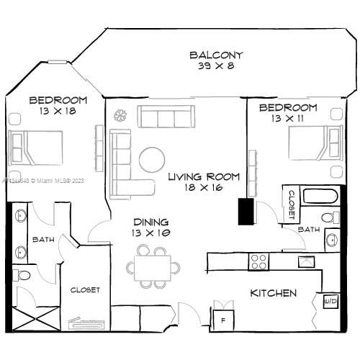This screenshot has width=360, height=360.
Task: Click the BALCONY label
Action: (216, 55)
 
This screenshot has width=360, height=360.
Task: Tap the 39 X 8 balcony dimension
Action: (216, 66)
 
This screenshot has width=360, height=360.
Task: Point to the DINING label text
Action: (150, 222)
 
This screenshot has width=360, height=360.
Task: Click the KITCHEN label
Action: (273, 293)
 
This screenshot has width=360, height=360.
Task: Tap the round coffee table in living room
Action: (152, 159)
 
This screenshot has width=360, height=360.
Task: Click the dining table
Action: (154, 267)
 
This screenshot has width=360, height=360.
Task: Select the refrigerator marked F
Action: (222, 319)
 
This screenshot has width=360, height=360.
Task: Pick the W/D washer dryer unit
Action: (330, 301)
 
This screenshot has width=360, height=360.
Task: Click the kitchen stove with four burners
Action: (258, 261)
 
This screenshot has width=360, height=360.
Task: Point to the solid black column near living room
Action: (247, 212)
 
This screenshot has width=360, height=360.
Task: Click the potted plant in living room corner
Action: (120, 114)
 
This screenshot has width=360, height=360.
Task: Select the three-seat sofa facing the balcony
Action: (166, 117)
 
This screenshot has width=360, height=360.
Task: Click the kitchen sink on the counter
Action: (306, 261)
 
